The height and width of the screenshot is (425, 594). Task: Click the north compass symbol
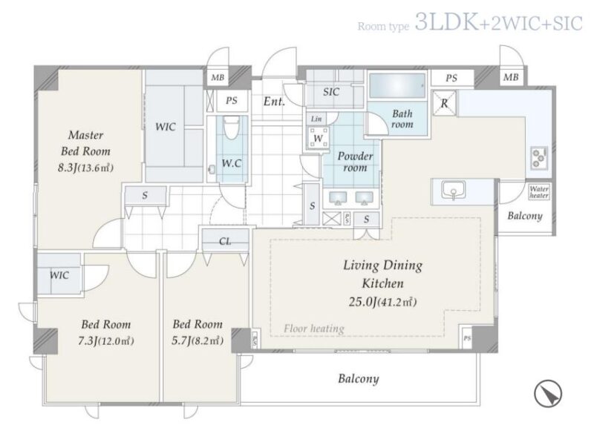click(x=548, y=394)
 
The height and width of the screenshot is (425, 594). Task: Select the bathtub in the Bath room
click(x=397, y=86)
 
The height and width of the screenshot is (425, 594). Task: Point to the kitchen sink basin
click(x=453, y=190)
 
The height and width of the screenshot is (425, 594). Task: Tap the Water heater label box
click(x=539, y=192)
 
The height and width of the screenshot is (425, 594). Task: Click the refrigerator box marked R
click(x=444, y=103)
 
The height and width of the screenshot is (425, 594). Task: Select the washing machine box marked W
click(x=318, y=138)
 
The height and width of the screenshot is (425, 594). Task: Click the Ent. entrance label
click(x=274, y=102)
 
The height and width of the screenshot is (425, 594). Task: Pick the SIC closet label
click(x=330, y=92)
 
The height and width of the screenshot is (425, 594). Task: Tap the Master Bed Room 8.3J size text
click(x=85, y=168)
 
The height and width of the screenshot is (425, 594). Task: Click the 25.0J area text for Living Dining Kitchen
click(x=382, y=302)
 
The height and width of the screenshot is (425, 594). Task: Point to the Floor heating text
click(x=314, y=328)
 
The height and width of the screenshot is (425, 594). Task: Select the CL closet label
click(x=225, y=241)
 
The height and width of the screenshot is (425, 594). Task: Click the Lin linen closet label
click(x=316, y=119)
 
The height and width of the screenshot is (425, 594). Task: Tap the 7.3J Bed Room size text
click(x=105, y=341)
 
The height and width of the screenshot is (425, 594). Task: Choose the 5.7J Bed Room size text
click(x=198, y=341)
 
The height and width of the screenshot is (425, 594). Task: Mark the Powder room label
click(x=355, y=162)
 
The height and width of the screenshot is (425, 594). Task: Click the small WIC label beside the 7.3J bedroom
click(x=59, y=275)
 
